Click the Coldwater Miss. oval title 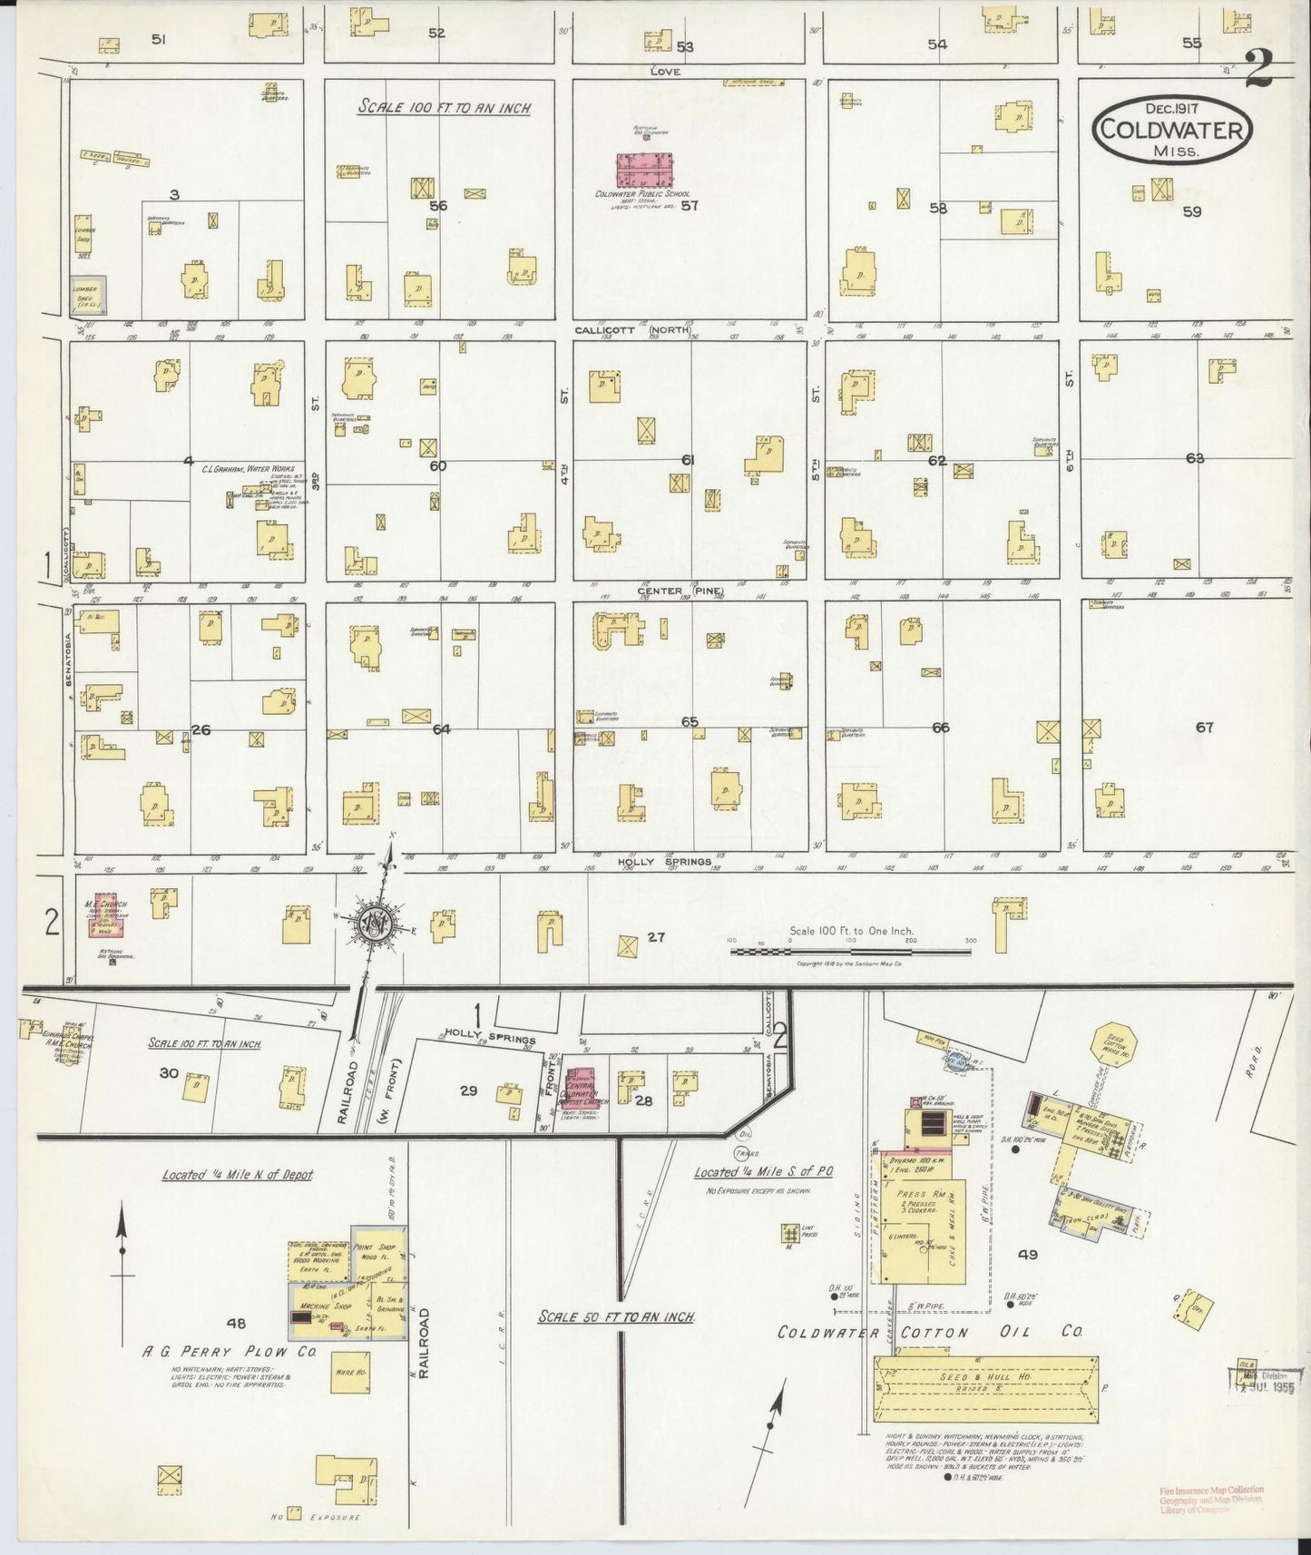coord(1172,131)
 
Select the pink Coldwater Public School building coord(645,170)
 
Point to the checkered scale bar coord(849,952)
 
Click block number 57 coord(690,205)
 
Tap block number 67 coord(1204,727)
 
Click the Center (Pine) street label coord(680,592)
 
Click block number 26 coord(201,729)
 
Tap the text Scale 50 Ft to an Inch coord(616,1316)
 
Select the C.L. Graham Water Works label coord(247,470)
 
